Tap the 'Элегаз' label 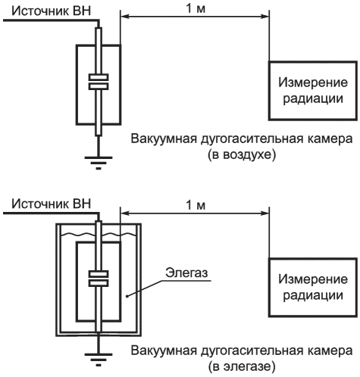[x=186, y=273]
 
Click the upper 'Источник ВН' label [x=52, y=11]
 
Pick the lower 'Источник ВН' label [x=52, y=204]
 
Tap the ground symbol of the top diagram [x=99, y=163]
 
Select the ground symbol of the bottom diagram [x=99, y=359]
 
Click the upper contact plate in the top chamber [x=99, y=77]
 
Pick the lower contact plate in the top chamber [x=99, y=86]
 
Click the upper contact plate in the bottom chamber [x=99, y=274]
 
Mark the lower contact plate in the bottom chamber [x=99, y=283]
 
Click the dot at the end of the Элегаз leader [x=127, y=296]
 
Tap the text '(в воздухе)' [x=242, y=154]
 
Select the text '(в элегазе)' [x=242, y=366]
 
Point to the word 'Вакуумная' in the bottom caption [x=164, y=351]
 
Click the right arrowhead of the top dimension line [x=265, y=17]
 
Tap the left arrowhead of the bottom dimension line [x=125, y=213]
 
